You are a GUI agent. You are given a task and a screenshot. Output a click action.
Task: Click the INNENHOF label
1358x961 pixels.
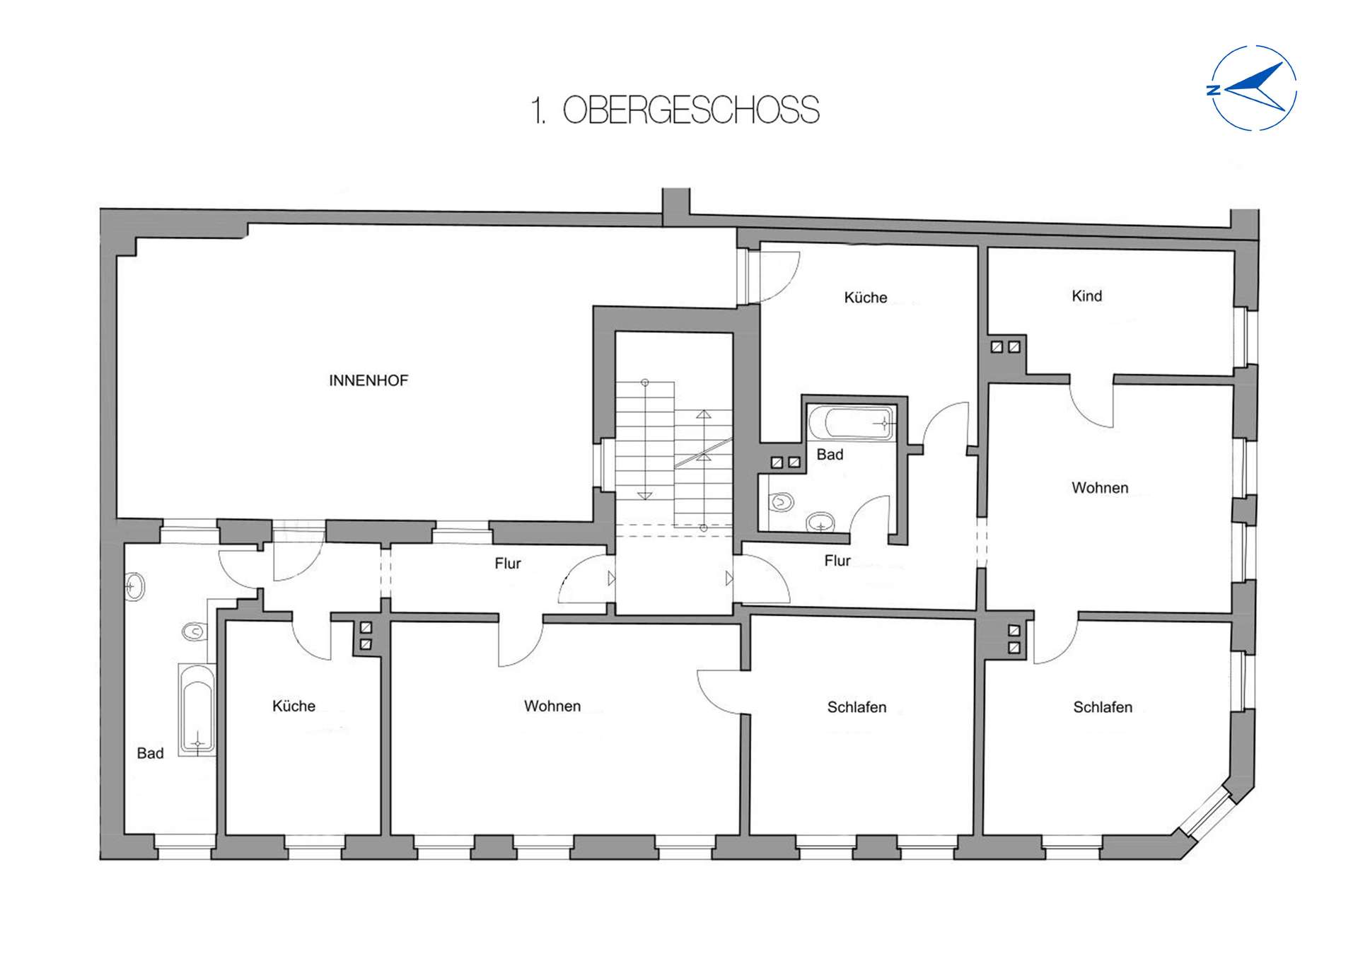[368, 380]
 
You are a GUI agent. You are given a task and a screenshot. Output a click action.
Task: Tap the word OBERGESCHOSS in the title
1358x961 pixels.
[690, 111]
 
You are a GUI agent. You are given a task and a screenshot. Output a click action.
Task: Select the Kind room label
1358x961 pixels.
[1086, 296]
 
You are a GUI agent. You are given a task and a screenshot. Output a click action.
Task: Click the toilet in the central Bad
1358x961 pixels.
[781, 502]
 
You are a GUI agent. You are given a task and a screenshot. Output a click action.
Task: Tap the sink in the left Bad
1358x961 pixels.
[134, 587]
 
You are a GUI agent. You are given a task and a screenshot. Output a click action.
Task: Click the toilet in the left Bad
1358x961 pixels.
[194, 631]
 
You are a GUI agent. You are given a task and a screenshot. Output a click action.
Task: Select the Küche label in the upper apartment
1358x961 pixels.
[865, 298]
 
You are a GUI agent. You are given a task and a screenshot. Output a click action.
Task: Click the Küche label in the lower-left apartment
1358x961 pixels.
[294, 706]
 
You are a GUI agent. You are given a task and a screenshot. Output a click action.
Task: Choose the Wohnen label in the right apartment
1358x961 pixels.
[1099, 488]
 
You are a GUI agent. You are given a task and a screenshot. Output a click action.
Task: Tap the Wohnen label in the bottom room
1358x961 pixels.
[552, 706]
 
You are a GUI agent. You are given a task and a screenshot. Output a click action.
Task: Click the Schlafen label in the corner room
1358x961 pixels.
[1102, 707]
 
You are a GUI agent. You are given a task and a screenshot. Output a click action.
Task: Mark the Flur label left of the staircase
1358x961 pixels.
[507, 564]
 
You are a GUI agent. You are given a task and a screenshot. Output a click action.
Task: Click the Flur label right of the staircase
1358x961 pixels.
[837, 561]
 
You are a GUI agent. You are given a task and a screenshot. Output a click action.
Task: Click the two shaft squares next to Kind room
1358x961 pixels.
[1005, 346]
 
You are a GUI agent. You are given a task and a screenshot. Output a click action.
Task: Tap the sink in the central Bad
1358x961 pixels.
[820, 523]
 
